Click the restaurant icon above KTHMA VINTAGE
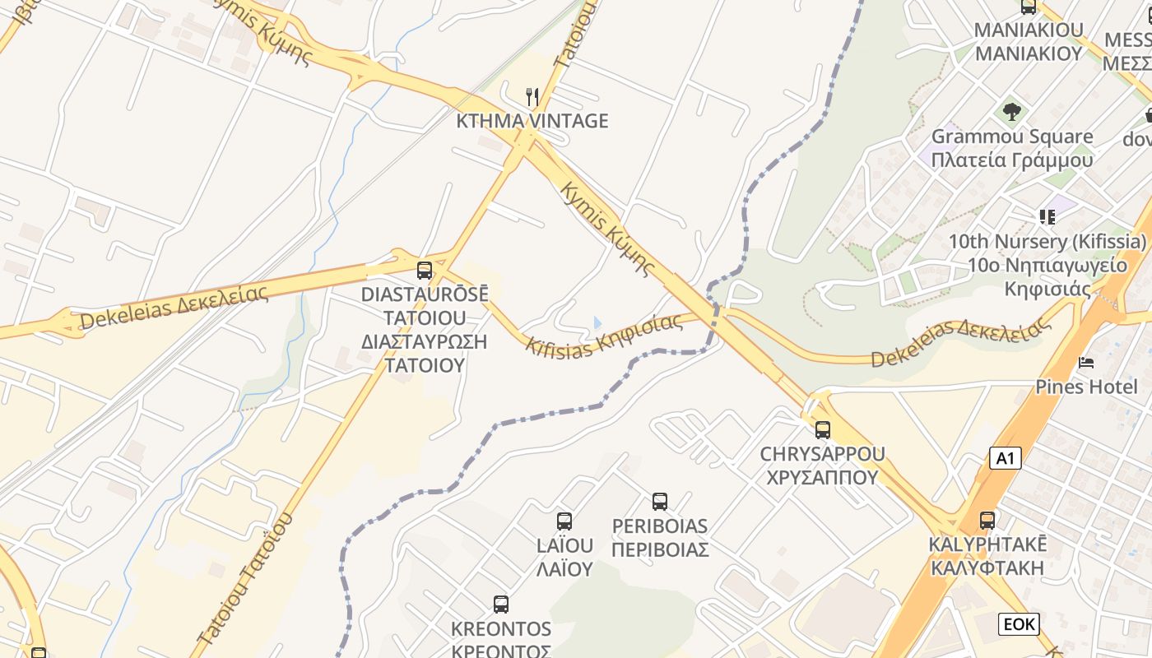pyautogui.click(x=532, y=98)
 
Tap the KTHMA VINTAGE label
pyautogui.click(x=532, y=121)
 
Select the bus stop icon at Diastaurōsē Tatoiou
pyautogui.click(x=425, y=270)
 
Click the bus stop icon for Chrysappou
pyautogui.click(x=822, y=429)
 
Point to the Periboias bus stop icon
pyautogui.click(x=660, y=502)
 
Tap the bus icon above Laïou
pyautogui.click(x=564, y=521)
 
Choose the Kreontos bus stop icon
pyautogui.click(x=500, y=605)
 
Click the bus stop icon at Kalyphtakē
pyautogui.click(x=987, y=520)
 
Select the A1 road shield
pyautogui.click(x=1005, y=458)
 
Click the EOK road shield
pyautogui.click(x=1019, y=624)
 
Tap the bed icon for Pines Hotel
pyautogui.click(x=1086, y=363)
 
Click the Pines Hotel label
pyautogui.click(x=1086, y=386)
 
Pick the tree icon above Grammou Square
pyautogui.click(x=1012, y=110)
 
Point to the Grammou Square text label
pyautogui.click(x=1012, y=137)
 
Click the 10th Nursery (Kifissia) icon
pyautogui.click(x=1047, y=217)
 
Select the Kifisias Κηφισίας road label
pyautogui.click(x=605, y=333)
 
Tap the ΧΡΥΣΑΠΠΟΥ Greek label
pyautogui.click(x=822, y=477)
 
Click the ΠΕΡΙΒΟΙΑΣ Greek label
pyautogui.click(x=660, y=549)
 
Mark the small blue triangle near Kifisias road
pyautogui.click(x=597, y=322)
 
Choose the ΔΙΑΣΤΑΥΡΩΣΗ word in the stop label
pyautogui.click(x=425, y=341)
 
